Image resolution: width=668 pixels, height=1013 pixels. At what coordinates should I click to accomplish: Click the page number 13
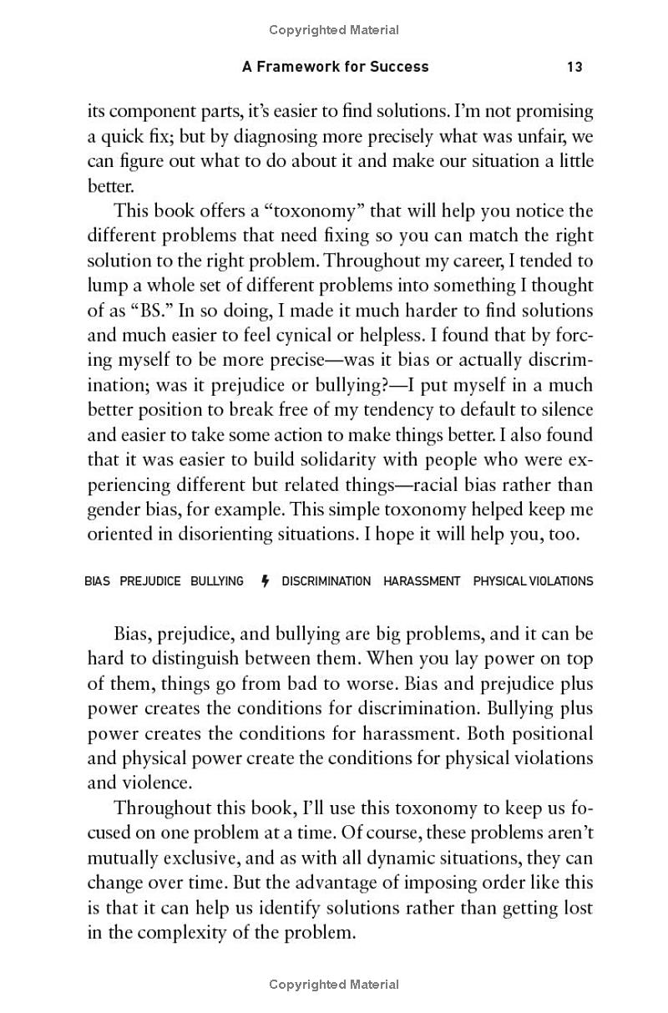click(574, 67)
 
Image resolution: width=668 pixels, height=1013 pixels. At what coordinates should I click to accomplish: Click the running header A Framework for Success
click(336, 67)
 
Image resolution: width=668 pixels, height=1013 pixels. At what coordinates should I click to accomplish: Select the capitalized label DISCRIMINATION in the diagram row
click(326, 581)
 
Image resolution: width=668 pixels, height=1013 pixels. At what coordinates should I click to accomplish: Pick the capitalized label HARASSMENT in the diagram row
click(422, 581)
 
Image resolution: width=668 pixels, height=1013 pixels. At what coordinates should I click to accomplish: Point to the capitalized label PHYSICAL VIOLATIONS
click(533, 581)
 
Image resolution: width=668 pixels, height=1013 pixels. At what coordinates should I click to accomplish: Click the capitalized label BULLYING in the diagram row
click(217, 581)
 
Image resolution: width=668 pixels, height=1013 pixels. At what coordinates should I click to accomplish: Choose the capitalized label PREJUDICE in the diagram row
click(150, 581)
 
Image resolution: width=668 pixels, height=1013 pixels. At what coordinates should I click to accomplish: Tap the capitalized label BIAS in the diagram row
click(97, 581)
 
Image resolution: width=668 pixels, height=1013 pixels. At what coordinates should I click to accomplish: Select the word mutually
click(125, 859)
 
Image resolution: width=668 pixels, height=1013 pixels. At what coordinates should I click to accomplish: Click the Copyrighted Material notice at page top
click(334, 30)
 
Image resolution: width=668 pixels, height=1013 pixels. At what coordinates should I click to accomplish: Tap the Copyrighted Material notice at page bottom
click(334, 985)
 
